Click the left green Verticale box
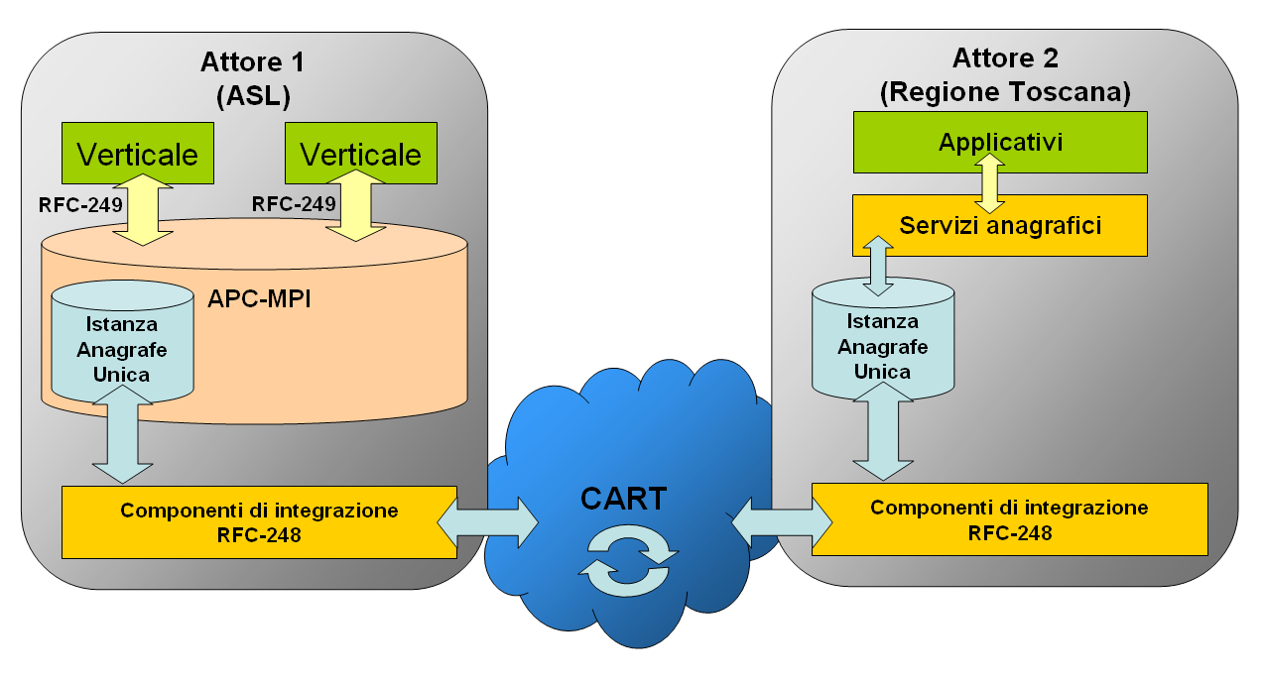tap(138, 155)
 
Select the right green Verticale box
tap(360, 155)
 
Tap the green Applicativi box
tap(1000, 142)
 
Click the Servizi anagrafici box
tap(1000, 225)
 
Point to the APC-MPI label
tap(260, 298)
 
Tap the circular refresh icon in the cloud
tap(629, 559)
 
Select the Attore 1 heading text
tap(252, 61)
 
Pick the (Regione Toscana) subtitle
tap(1004, 92)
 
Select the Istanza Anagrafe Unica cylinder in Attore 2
tap(883, 342)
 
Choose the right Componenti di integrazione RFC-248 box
tap(1009, 519)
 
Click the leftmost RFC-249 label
tap(81, 204)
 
